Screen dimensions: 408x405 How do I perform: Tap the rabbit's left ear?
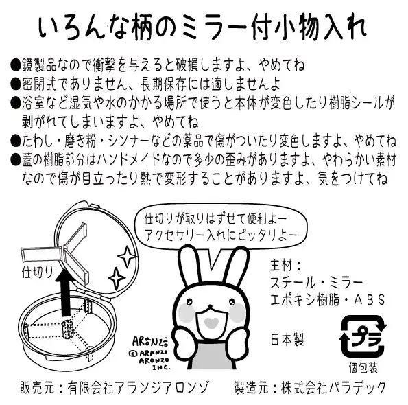(189, 266)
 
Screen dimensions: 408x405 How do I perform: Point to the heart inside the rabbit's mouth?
(211, 323)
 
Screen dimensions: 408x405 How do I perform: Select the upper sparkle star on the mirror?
(127, 257)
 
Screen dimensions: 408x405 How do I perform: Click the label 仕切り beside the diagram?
(37, 272)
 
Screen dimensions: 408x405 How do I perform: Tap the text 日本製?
(287, 339)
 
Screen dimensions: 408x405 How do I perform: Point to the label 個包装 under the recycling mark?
(363, 368)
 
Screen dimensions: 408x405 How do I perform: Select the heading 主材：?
(285, 265)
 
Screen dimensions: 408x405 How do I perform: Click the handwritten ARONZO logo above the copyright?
(150, 341)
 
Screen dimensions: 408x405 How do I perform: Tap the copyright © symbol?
(133, 354)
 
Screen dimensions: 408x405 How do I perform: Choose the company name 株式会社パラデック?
(333, 387)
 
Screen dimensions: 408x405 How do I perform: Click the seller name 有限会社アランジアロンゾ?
(138, 387)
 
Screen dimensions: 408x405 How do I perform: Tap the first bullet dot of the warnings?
(15, 65)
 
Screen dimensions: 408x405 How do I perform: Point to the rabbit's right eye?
(231, 302)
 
